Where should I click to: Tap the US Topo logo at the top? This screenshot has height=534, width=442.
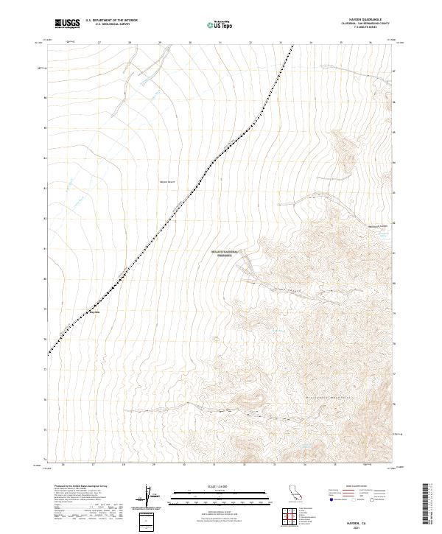click(x=222, y=25)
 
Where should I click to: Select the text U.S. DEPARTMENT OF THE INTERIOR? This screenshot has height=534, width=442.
click(x=111, y=21)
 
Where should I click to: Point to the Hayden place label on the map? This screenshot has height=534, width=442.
click(x=94, y=312)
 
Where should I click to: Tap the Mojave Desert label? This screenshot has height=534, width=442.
click(x=169, y=180)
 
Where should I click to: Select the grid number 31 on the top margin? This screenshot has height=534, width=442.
click(x=221, y=43)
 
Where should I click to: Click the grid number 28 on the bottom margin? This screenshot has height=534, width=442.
click(x=124, y=466)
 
